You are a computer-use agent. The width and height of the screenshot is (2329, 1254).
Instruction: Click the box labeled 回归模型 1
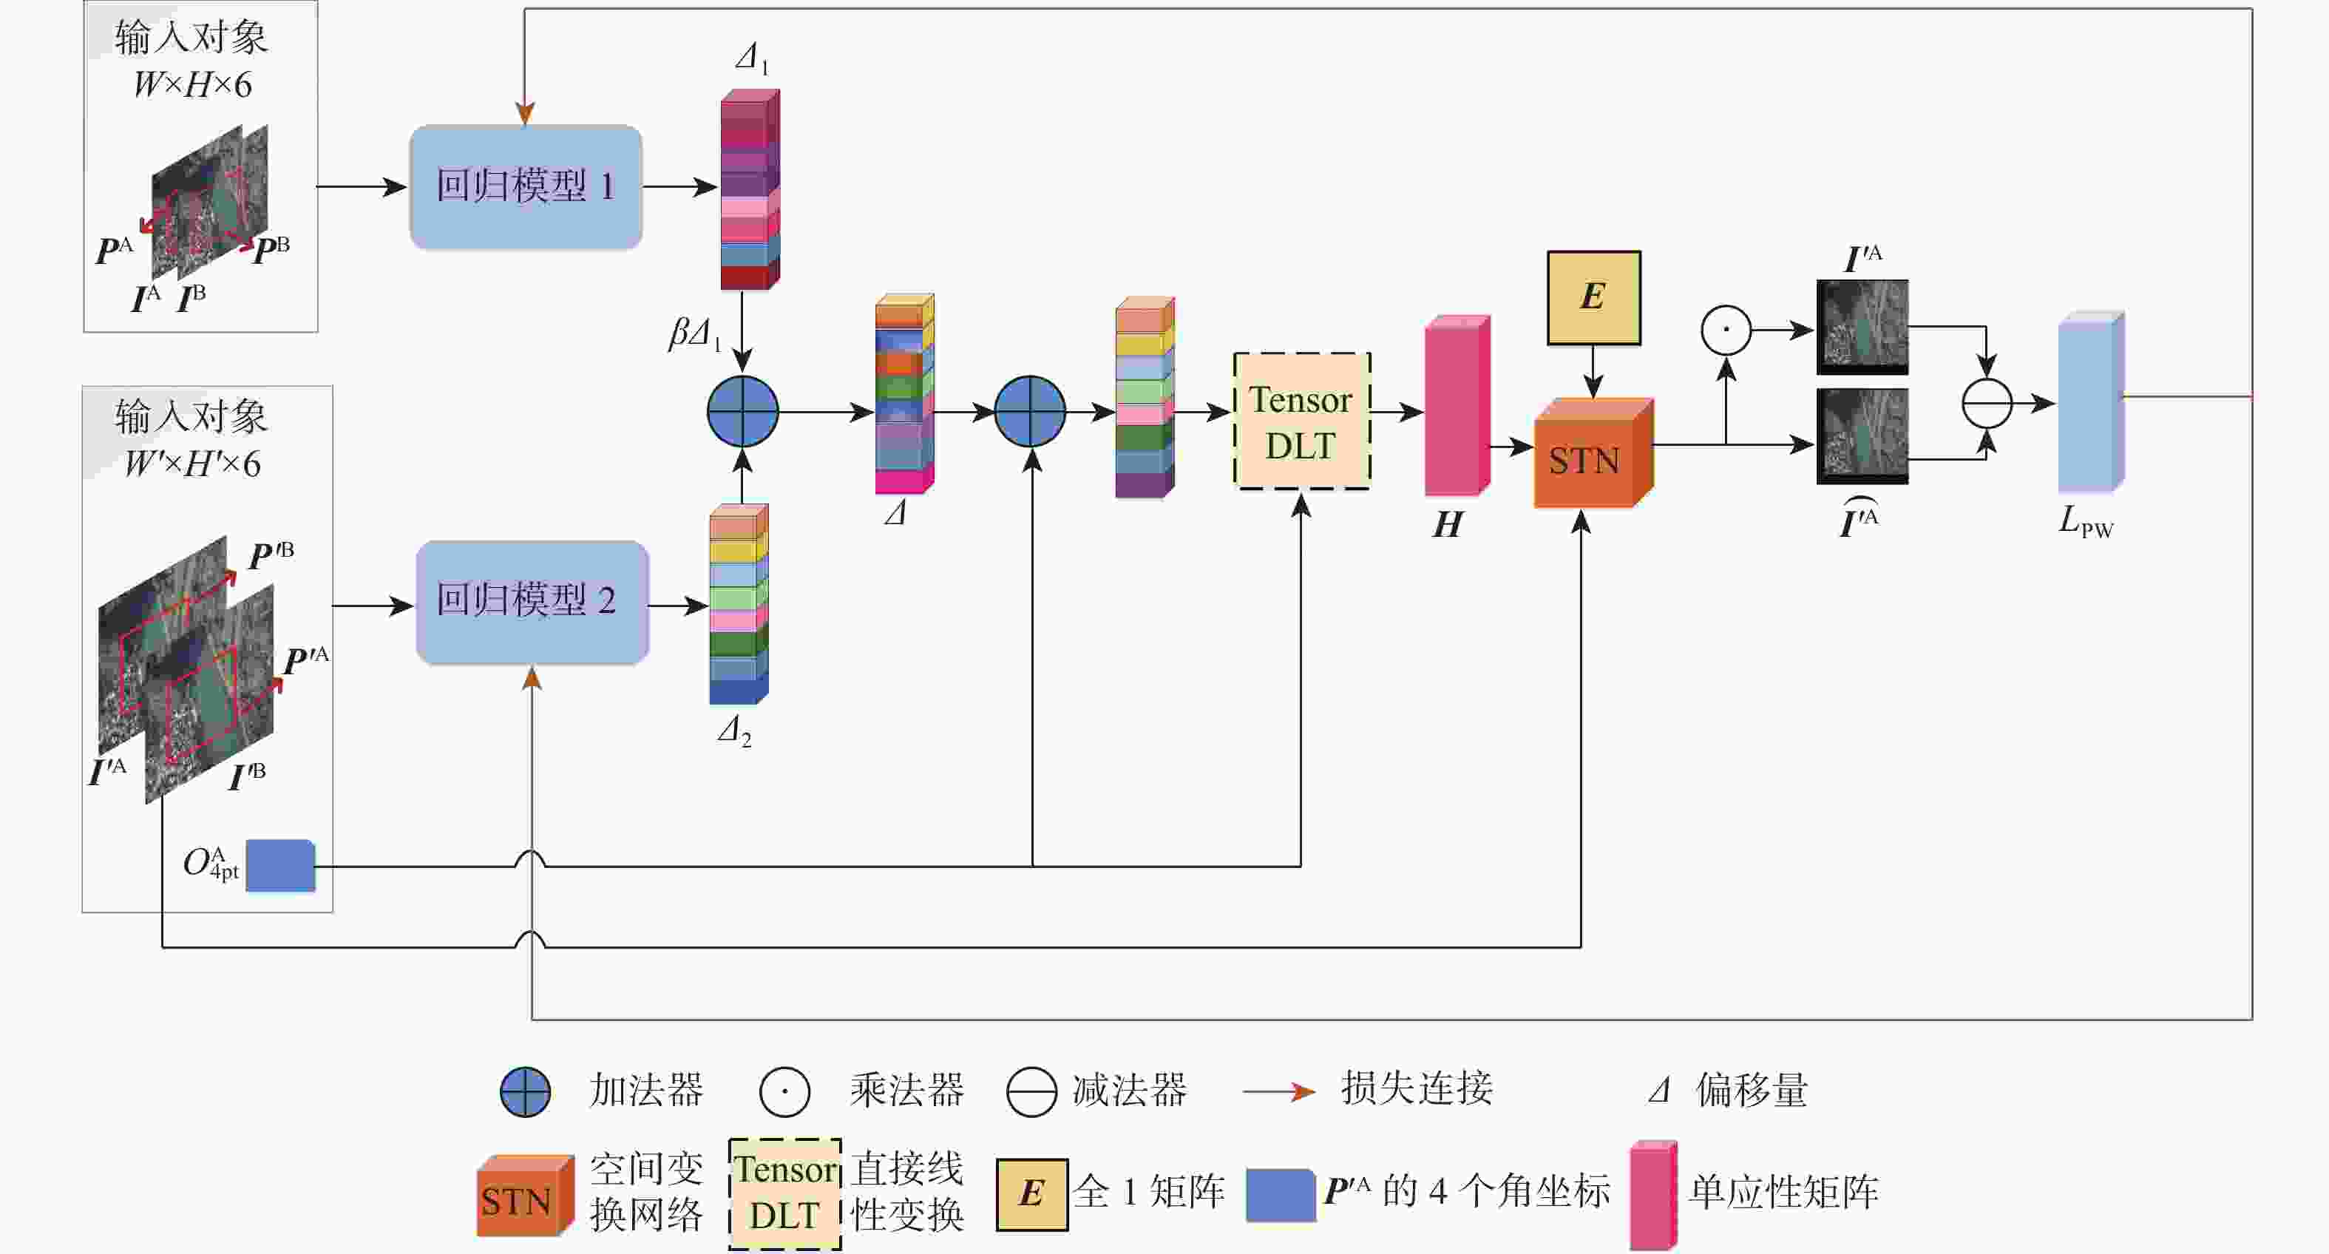tap(525, 186)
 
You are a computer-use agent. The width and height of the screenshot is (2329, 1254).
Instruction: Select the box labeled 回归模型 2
tap(532, 601)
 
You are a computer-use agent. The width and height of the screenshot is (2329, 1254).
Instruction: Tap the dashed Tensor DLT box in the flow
tap(1301, 421)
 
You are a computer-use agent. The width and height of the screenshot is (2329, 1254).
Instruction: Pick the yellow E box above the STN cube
tap(1593, 297)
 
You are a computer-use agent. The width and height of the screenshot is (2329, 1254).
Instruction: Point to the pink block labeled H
tap(1455, 407)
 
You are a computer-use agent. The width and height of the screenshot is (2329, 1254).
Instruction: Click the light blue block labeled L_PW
tap(2089, 402)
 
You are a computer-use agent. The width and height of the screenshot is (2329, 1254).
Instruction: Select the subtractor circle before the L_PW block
tap(1987, 403)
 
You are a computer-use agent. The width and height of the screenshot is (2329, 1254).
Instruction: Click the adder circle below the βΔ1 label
tap(742, 411)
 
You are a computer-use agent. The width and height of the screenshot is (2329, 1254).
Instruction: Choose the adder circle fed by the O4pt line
tap(1030, 411)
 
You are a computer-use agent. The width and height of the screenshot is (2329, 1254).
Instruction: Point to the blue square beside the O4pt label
tap(280, 866)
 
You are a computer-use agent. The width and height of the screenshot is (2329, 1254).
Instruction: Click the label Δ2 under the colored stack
tap(734, 731)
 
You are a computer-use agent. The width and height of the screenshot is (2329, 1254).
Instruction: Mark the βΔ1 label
tap(694, 333)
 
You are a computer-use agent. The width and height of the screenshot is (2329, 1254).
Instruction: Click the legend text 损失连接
tap(1416, 1088)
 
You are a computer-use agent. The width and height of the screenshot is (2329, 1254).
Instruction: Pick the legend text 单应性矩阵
tap(1783, 1192)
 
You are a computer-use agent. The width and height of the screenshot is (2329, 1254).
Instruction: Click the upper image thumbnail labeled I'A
tap(1862, 325)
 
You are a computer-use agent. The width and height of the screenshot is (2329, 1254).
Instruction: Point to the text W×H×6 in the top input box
tap(191, 85)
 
